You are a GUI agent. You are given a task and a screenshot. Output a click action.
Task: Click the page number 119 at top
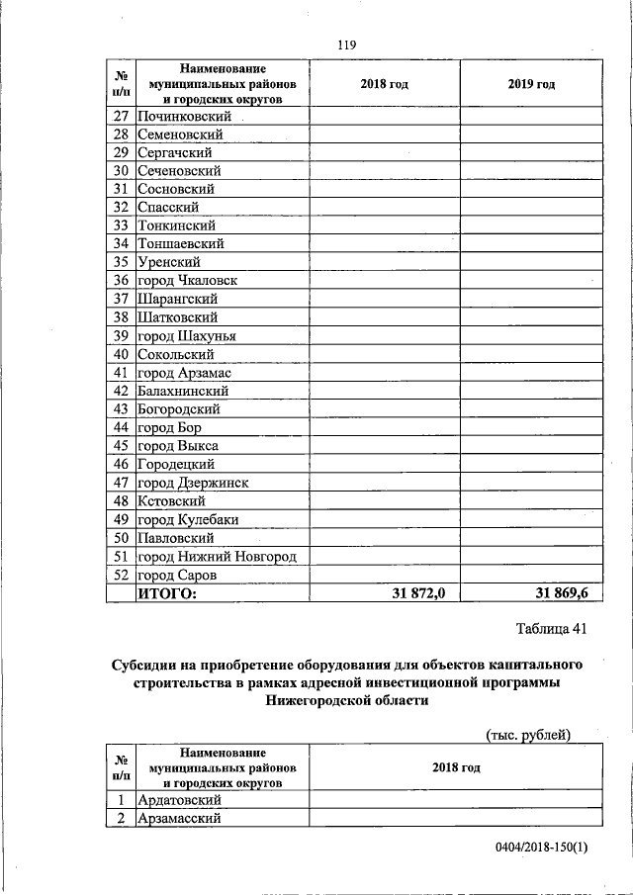(x=346, y=45)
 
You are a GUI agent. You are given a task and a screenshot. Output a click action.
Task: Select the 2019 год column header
(x=531, y=84)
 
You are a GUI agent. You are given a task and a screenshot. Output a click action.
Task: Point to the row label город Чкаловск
(x=187, y=280)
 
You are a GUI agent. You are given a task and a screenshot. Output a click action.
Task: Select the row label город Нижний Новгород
(x=217, y=556)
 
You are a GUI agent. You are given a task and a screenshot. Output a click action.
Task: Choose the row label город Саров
(x=177, y=575)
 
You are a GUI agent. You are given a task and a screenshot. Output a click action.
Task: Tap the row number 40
(x=122, y=354)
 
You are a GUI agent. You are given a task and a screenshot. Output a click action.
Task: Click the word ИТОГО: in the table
(x=167, y=593)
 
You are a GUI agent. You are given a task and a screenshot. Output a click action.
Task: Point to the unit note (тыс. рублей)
(x=529, y=734)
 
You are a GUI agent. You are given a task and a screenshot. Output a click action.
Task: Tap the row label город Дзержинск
(x=193, y=483)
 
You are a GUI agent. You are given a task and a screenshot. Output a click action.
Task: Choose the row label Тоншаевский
(x=181, y=243)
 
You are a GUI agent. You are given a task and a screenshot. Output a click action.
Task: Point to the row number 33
(x=122, y=225)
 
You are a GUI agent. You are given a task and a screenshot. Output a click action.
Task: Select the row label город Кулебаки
(x=188, y=519)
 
